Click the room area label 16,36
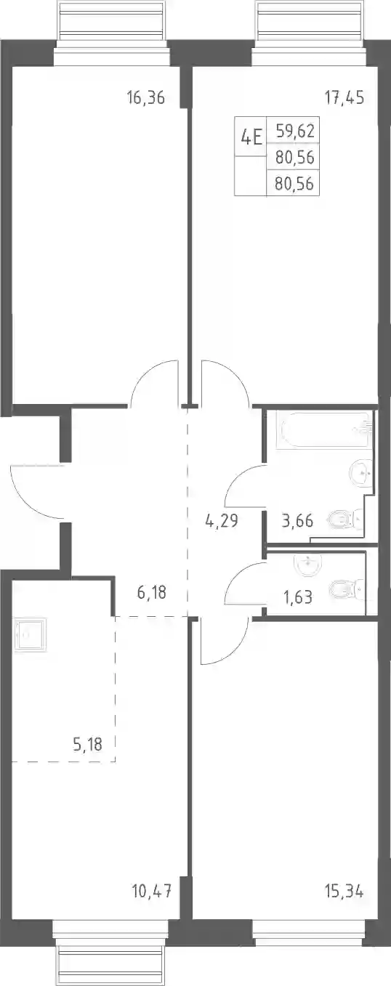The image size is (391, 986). pos(146,97)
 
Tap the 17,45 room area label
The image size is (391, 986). pos(344,97)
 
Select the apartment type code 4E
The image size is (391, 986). pos(251,137)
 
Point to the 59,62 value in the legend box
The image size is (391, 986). pos(295,131)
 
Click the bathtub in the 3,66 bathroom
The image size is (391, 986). pos(325,430)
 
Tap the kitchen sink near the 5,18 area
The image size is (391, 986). pos(30,634)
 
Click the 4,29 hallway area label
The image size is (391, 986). pos(222,521)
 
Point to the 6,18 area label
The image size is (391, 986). pos(151,592)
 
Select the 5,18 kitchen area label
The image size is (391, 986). pos(87,744)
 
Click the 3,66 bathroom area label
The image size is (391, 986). pos(297,521)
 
